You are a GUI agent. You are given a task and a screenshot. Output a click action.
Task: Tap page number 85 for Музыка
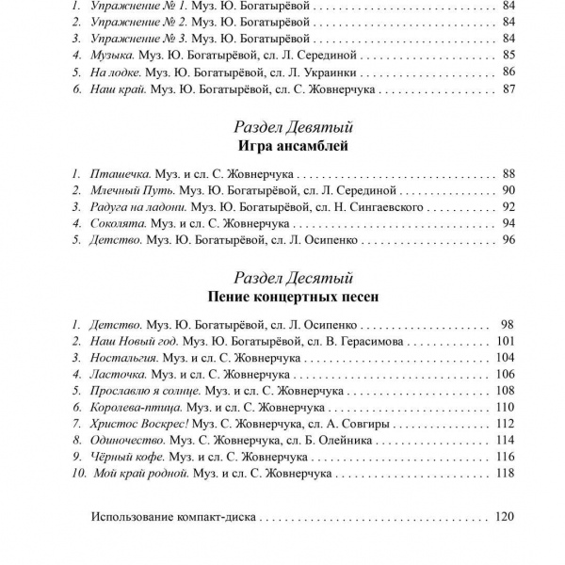[x=509, y=56]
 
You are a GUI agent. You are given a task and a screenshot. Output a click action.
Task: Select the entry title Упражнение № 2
[x=139, y=23]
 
